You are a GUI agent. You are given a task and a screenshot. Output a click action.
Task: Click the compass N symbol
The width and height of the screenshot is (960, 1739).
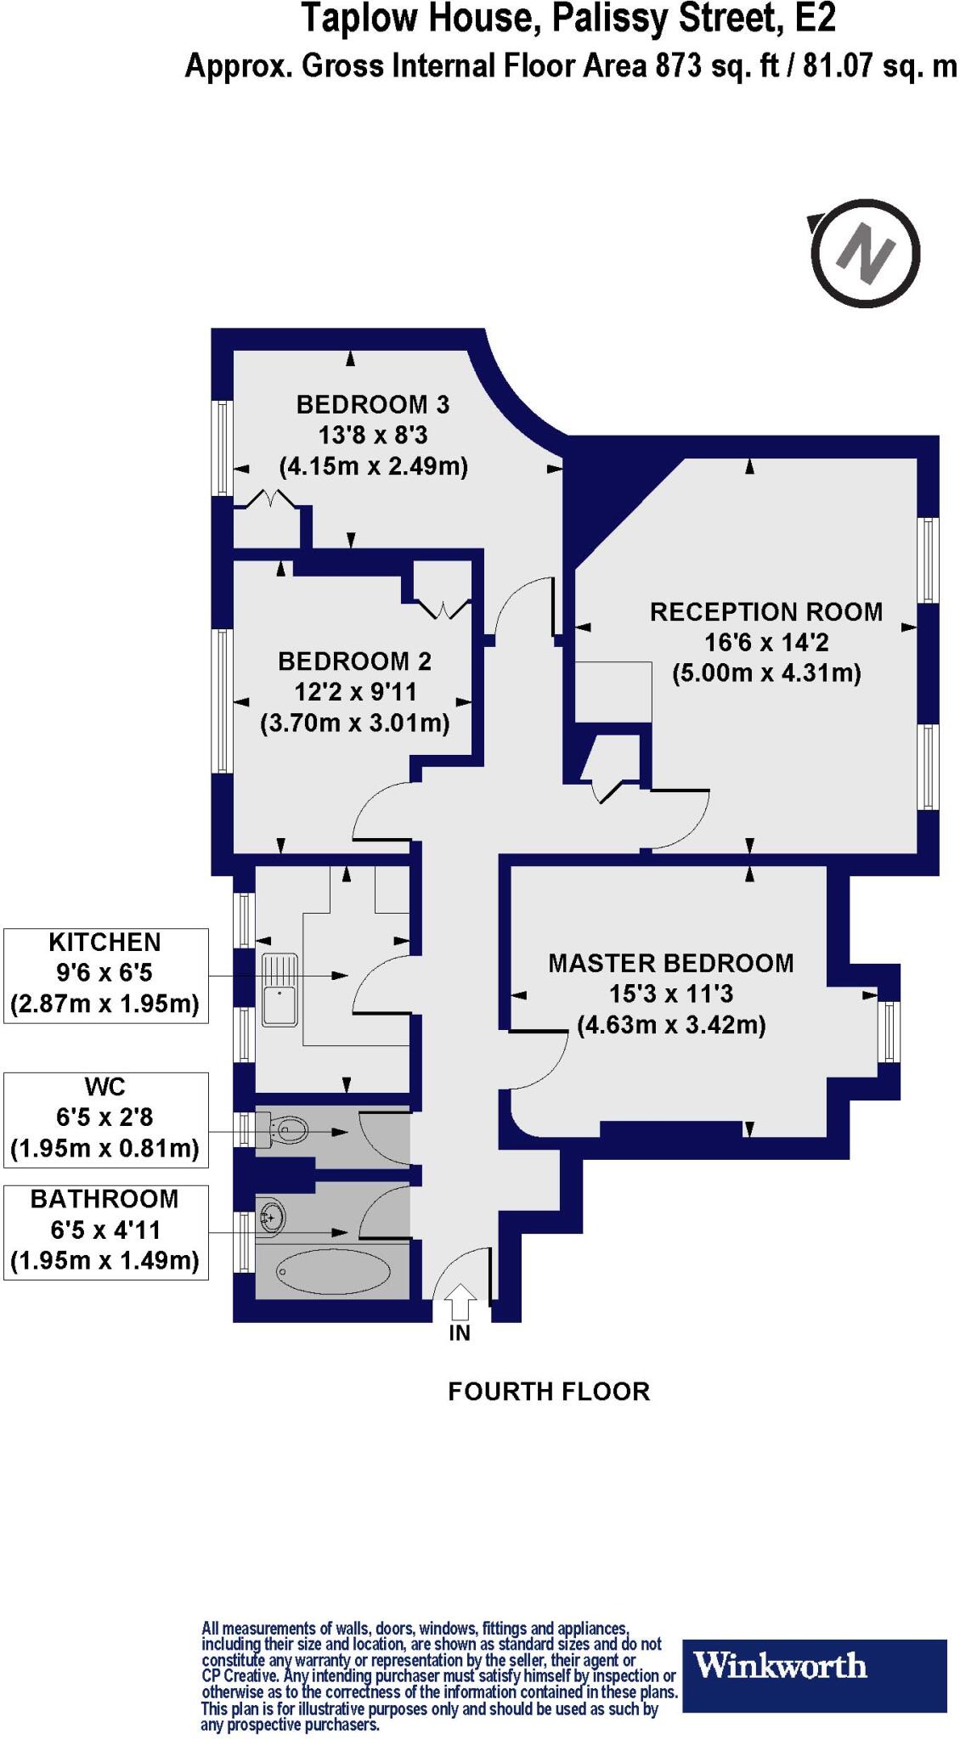(x=865, y=253)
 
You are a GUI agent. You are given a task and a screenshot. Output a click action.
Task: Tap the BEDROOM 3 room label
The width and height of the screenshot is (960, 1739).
(x=372, y=405)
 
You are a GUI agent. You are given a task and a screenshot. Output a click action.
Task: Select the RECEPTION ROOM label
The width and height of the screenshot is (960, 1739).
(x=766, y=612)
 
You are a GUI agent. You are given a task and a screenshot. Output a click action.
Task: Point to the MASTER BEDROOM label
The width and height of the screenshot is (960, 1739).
(x=671, y=964)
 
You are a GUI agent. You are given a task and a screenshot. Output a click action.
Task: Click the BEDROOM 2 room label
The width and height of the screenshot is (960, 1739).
(x=354, y=661)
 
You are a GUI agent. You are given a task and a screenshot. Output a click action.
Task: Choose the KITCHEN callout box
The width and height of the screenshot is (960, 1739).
(x=106, y=975)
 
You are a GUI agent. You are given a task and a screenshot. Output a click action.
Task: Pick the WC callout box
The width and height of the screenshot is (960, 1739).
(x=106, y=1118)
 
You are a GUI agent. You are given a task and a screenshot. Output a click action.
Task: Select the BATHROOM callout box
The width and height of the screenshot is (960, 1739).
(x=106, y=1230)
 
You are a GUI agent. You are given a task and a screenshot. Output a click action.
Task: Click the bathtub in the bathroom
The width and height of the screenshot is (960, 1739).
(x=333, y=1270)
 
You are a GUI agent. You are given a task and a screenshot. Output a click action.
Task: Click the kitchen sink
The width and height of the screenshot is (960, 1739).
(x=280, y=989)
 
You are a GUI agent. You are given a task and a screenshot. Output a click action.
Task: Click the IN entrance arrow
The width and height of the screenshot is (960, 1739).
(x=460, y=1300)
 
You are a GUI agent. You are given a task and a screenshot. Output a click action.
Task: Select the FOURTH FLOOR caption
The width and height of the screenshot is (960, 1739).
(x=549, y=1392)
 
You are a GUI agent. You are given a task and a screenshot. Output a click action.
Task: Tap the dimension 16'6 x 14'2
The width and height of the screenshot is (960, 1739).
(x=766, y=643)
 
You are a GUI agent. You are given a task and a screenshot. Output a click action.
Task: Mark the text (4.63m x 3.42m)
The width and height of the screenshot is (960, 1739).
(x=671, y=1025)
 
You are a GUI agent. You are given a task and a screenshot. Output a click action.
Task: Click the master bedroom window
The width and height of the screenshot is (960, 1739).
(x=889, y=1032)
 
